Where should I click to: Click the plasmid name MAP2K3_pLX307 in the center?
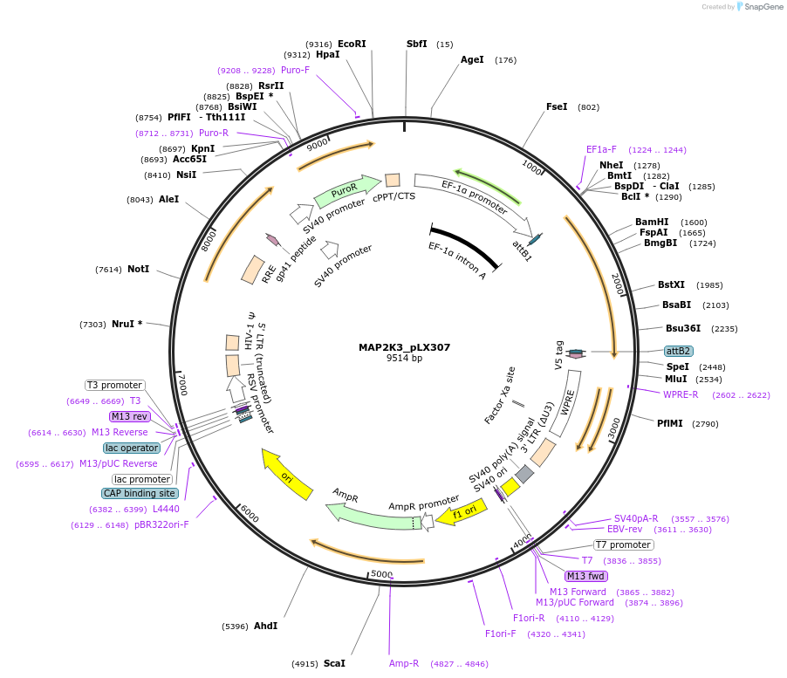(x=404, y=347)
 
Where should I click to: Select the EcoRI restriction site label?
(x=352, y=44)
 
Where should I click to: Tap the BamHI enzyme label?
(x=652, y=222)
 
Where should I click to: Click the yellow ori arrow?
(x=287, y=476)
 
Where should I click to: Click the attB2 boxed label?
(x=679, y=351)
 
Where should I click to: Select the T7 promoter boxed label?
(x=624, y=544)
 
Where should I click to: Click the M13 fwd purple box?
(x=586, y=576)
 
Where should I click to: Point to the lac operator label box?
(x=133, y=448)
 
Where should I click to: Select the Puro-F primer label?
(x=295, y=70)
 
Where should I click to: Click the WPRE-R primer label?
(x=681, y=394)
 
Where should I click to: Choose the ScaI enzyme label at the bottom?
(x=334, y=663)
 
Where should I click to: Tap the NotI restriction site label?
(x=137, y=270)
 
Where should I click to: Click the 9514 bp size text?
(x=404, y=359)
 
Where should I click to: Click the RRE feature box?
(x=253, y=269)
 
